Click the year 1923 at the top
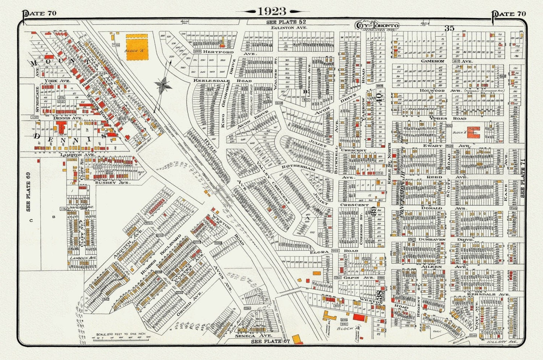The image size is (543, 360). [271, 12]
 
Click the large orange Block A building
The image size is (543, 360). [137, 47]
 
